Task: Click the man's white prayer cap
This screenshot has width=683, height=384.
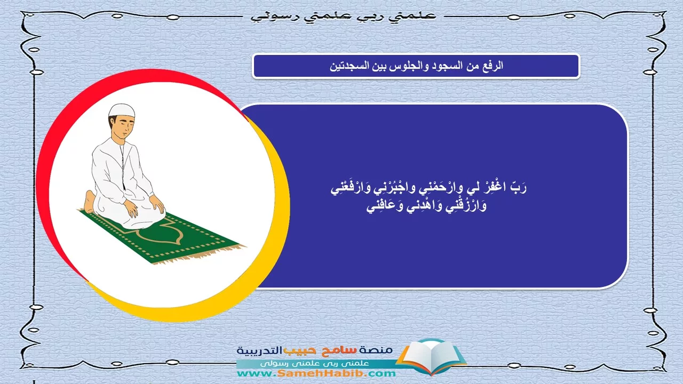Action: click(121, 110)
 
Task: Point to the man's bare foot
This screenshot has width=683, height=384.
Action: click(90, 202)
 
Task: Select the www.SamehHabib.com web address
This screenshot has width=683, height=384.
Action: click(316, 373)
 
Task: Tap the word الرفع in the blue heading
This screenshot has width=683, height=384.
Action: click(492, 66)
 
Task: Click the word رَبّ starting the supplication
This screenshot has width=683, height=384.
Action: click(519, 187)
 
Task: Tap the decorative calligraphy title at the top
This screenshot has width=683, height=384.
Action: click(344, 16)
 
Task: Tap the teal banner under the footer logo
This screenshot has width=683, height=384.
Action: click(317, 363)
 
